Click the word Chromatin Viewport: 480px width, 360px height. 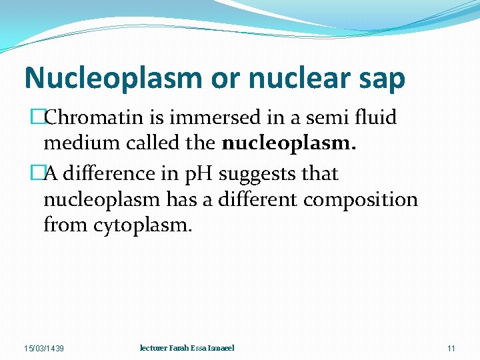pyautogui.click(x=93, y=118)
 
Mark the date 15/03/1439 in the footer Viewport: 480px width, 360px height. pyautogui.click(x=43, y=349)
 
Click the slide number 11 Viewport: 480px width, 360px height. pyautogui.click(x=451, y=349)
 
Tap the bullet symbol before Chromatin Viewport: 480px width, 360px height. pyautogui.click(x=38, y=118)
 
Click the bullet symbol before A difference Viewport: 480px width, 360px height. pyautogui.click(x=38, y=174)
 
